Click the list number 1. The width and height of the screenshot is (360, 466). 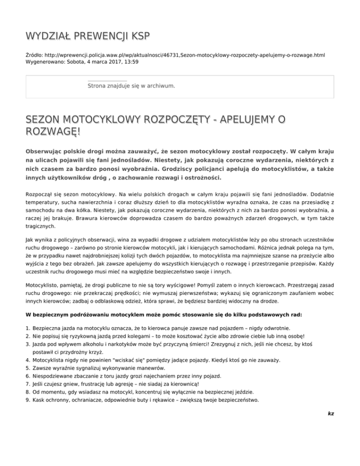click(29, 330)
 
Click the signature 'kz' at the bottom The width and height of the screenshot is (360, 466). click(331, 414)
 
